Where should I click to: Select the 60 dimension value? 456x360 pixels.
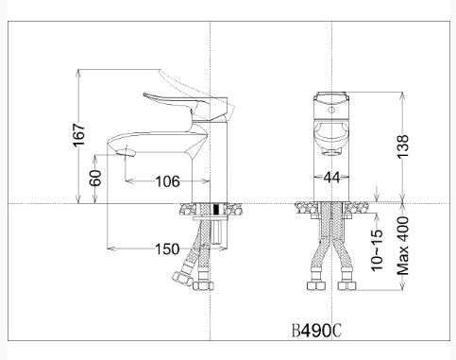[95, 178]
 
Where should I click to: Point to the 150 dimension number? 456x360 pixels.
[166, 249]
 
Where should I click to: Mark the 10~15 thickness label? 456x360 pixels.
[378, 249]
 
